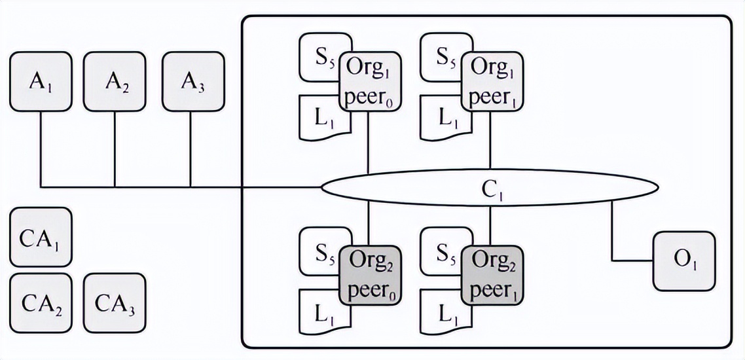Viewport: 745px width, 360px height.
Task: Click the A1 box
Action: [x=41, y=81]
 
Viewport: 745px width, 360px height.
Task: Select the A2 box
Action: [x=115, y=81]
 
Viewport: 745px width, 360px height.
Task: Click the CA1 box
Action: [x=41, y=237]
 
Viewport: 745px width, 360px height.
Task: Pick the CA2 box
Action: [x=41, y=303]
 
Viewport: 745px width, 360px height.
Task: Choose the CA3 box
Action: [x=115, y=303]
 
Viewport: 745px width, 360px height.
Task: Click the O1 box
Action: [x=683, y=261]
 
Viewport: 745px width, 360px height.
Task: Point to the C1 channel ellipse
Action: [x=488, y=189]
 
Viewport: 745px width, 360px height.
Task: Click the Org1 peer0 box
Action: [x=369, y=82]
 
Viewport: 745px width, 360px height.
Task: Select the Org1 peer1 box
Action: [x=491, y=82]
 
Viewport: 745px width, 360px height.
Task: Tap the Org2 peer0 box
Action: [x=369, y=276]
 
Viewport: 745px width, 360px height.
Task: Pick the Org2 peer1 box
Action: [x=491, y=276]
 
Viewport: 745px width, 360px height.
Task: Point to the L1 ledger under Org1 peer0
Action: [x=319, y=118]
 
